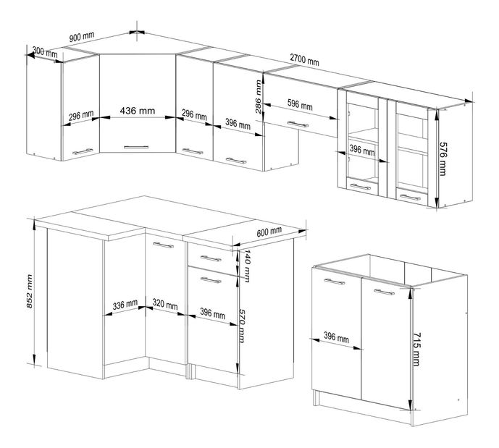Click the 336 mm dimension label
(x=125, y=305)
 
